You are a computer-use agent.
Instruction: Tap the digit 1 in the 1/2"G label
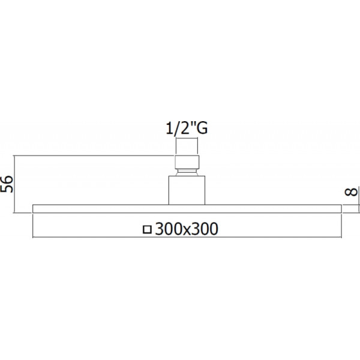point(169,127)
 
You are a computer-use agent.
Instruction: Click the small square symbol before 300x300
point(147,229)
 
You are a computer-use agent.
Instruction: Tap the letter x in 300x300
point(185,229)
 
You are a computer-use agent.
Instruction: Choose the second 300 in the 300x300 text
point(204,229)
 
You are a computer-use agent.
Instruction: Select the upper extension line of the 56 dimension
point(90,155)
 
